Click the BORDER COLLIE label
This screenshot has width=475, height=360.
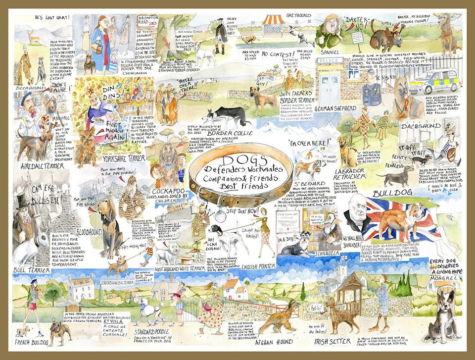tap(227, 133)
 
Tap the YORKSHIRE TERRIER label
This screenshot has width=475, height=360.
tap(124, 158)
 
